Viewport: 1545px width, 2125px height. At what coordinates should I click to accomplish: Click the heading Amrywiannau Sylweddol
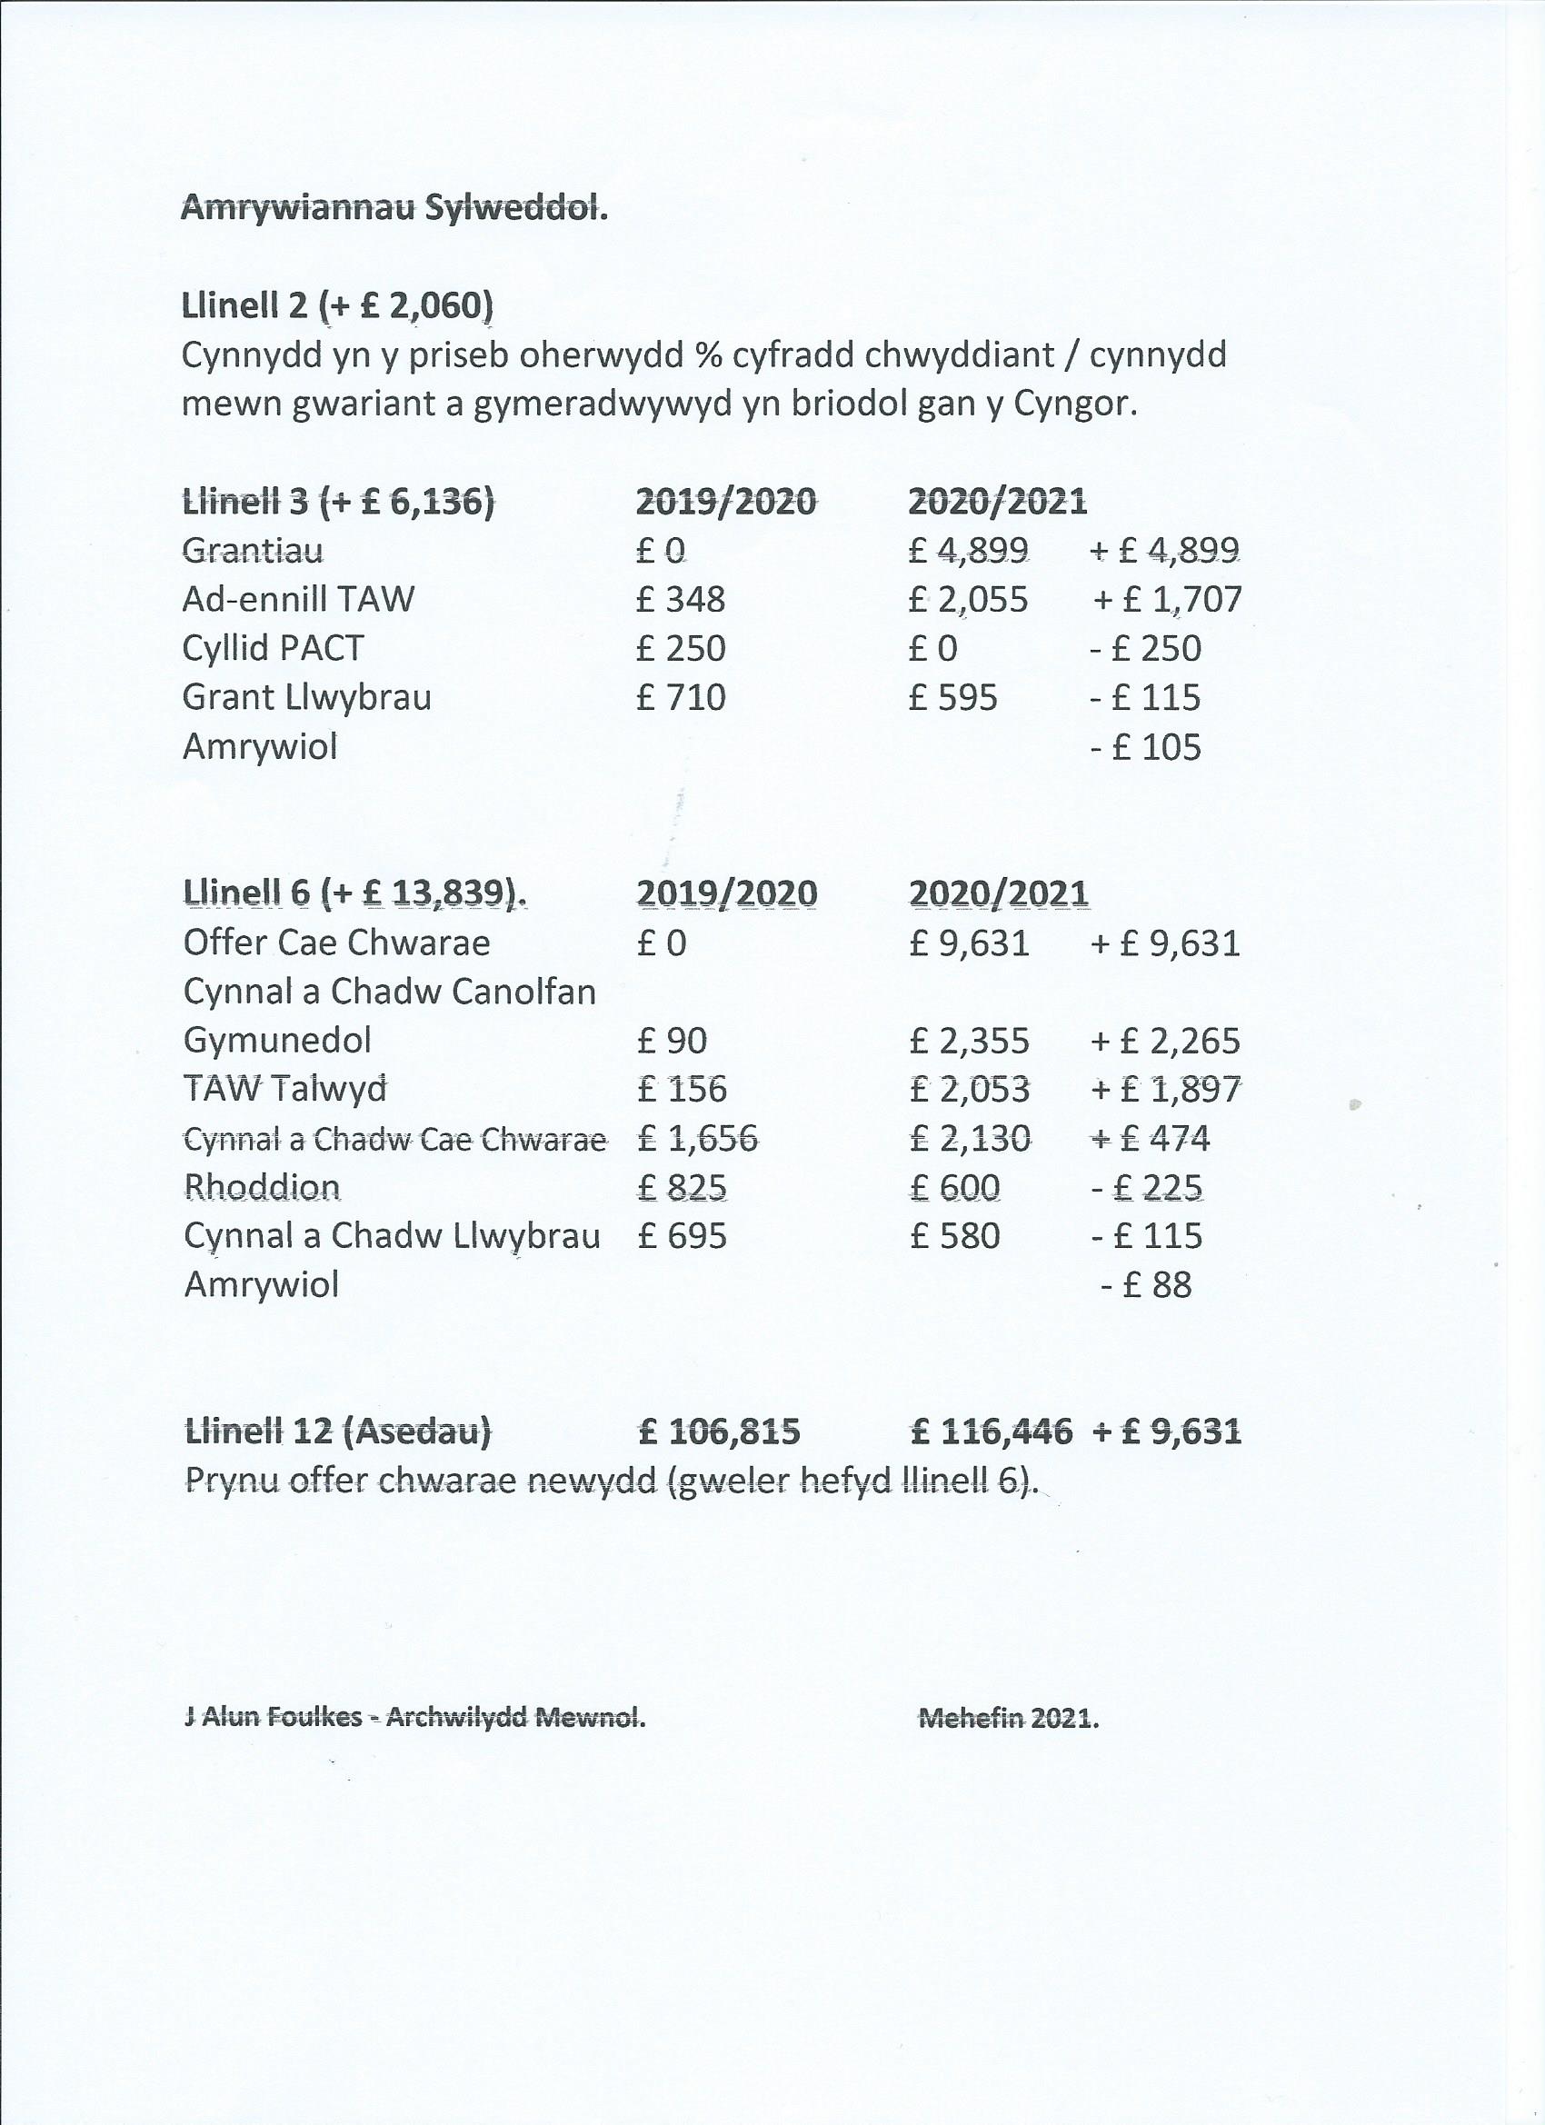(394, 208)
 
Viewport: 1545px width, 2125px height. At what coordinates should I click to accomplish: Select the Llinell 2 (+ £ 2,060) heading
(337, 305)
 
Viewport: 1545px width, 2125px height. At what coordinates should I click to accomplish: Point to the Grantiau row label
(253, 550)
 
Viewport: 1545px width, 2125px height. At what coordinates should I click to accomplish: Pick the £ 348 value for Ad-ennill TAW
(680, 599)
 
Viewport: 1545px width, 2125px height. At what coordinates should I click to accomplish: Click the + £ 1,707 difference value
(1167, 599)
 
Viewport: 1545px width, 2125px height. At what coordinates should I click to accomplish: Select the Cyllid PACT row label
(273, 648)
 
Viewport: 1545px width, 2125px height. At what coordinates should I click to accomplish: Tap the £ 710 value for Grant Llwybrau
(680, 697)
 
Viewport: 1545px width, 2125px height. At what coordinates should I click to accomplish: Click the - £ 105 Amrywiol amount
(1145, 747)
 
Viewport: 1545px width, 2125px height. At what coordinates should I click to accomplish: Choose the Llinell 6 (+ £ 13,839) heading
(355, 893)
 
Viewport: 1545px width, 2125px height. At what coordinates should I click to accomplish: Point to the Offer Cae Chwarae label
(336, 943)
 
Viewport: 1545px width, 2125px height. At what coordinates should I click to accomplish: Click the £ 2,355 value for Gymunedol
(969, 1040)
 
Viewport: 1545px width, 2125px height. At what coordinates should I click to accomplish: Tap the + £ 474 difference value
(1150, 1138)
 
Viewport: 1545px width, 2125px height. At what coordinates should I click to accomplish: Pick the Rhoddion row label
(262, 1187)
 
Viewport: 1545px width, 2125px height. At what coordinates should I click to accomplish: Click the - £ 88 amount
(1145, 1284)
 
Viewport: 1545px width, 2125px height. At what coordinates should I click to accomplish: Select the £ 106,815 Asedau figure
(719, 1431)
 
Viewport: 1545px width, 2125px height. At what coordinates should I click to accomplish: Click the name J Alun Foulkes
(273, 1718)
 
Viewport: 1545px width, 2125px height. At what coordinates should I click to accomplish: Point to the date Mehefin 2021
(1009, 1719)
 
